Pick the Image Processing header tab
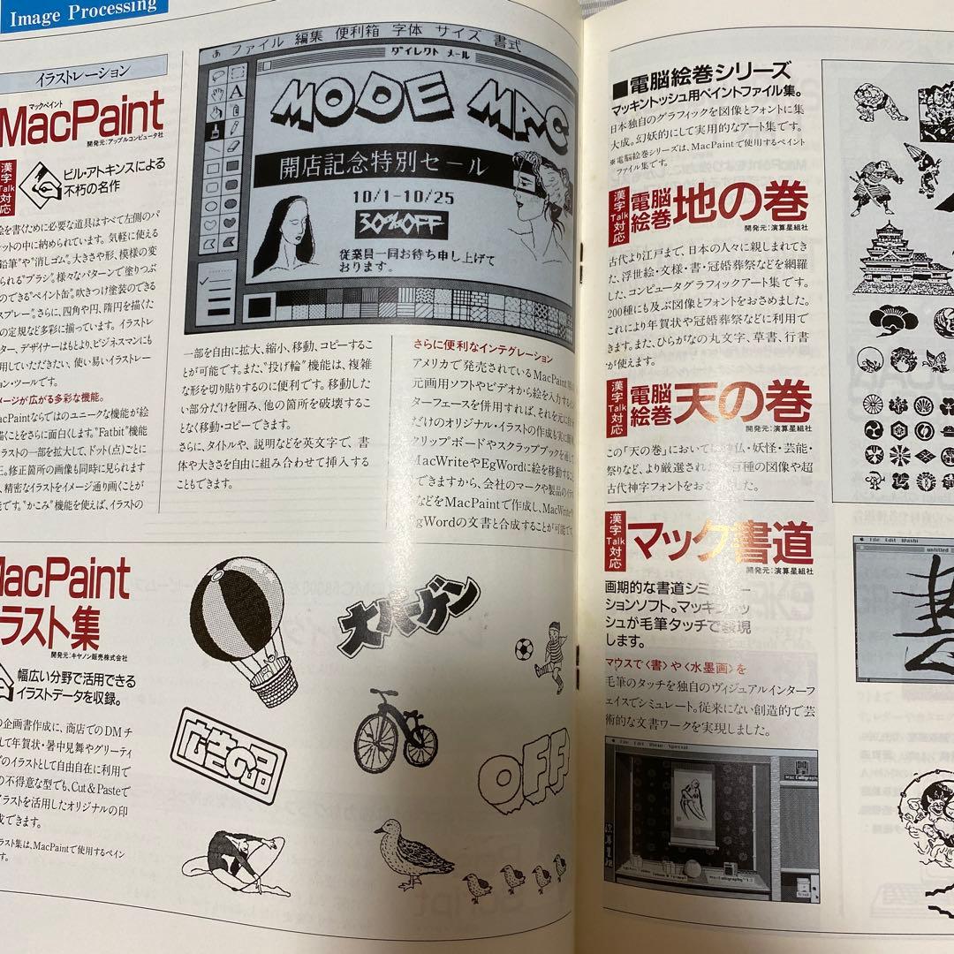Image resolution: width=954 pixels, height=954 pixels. [84, 9]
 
